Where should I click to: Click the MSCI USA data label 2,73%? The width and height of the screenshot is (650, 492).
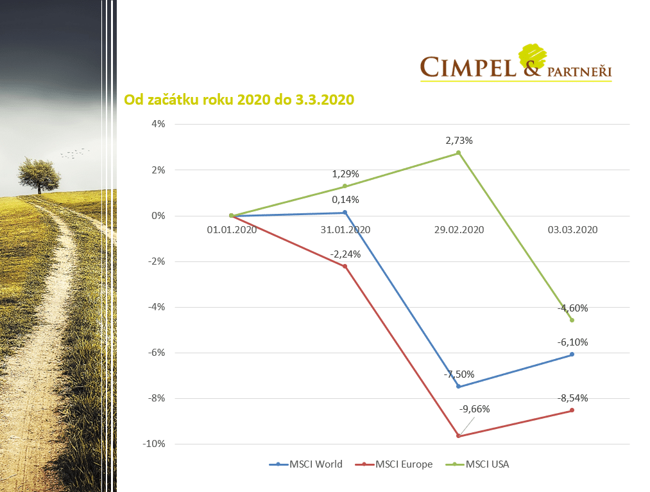(x=459, y=141)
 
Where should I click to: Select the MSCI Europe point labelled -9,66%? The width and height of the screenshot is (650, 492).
(x=458, y=436)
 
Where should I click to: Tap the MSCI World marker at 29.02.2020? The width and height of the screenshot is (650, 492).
(x=458, y=387)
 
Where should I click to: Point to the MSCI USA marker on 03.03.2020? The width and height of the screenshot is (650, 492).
(x=572, y=320)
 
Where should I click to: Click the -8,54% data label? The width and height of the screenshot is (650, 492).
(x=572, y=398)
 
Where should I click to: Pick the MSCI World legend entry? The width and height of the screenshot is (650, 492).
(x=305, y=464)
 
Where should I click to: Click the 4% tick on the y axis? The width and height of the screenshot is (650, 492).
(x=157, y=124)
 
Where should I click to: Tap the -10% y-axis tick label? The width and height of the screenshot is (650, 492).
(x=154, y=444)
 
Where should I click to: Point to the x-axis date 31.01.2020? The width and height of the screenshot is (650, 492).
(x=345, y=229)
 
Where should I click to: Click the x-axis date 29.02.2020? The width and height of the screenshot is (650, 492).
(x=458, y=229)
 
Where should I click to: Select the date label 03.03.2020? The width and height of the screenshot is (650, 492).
(x=572, y=229)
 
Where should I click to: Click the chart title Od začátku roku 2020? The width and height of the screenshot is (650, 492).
(x=239, y=100)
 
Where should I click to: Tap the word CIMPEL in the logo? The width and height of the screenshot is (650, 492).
(x=468, y=66)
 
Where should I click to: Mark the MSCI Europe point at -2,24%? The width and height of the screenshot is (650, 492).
(x=345, y=266)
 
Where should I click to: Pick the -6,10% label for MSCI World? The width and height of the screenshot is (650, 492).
(x=572, y=342)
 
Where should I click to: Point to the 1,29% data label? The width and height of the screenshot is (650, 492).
(x=345, y=174)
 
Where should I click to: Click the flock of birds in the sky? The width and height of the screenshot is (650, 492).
(x=74, y=153)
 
